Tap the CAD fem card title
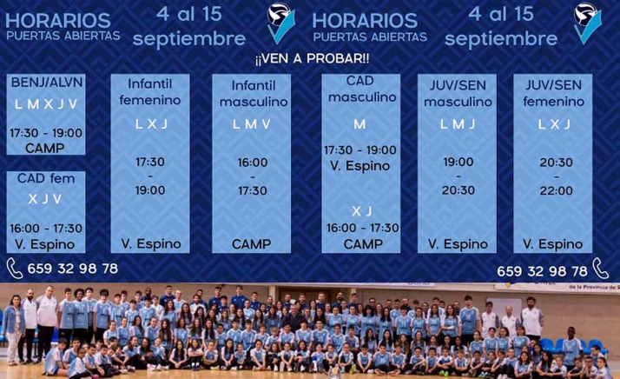45,178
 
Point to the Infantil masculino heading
254,93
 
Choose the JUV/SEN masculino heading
458,93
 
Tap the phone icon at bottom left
15,268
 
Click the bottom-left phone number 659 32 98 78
73,269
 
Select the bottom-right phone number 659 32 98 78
542,270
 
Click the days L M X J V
45,104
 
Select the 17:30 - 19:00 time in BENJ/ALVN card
45,133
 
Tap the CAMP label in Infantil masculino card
254,244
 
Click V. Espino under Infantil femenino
150,244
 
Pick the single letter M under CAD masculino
359,125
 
